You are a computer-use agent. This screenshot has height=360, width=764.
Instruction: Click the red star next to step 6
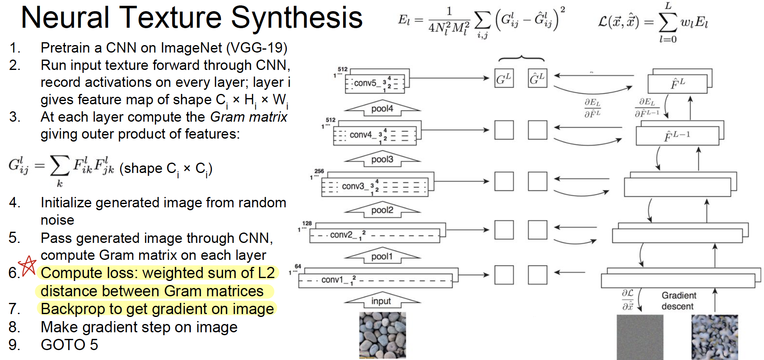(x=28, y=265)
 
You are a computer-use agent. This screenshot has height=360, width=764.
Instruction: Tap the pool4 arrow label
(x=382, y=109)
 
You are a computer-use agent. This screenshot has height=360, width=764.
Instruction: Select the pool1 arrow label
(x=382, y=257)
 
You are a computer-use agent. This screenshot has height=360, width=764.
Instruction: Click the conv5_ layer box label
(x=365, y=83)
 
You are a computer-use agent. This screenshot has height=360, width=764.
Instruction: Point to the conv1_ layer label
(x=332, y=280)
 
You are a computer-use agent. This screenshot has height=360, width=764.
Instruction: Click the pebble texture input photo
(x=382, y=335)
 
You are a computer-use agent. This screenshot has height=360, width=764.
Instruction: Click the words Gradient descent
(x=678, y=301)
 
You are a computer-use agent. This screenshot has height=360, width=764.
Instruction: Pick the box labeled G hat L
(x=538, y=79)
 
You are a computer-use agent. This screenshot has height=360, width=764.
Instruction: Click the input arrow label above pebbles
(x=381, y=301)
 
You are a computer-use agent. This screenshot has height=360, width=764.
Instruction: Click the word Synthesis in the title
(x=296, y=18)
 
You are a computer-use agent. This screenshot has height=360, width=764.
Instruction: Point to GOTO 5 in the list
(x=69, y=345)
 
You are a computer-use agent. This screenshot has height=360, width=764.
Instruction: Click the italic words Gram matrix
(x=248, y=117)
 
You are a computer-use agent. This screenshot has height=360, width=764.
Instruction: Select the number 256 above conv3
(x=319, y=171)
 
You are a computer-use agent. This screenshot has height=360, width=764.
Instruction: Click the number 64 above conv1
(x=298, y=266)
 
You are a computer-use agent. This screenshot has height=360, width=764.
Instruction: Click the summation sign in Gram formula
(x=60, y=166)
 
